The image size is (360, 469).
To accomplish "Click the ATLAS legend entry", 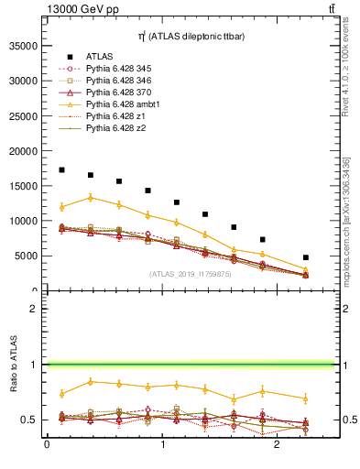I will (x=100, y=56).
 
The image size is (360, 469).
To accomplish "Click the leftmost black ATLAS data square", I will (x=61, y=169).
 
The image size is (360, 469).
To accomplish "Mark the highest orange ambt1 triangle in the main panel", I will (x=90, y=197).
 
